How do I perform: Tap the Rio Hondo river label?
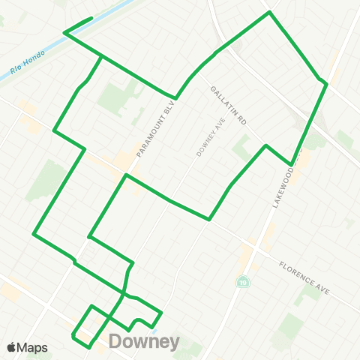28,64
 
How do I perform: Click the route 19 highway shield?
242,282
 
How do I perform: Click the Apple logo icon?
12,347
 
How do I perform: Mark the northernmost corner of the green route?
269,12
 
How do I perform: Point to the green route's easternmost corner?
327,83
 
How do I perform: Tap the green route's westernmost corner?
34,234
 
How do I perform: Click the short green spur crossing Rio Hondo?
78,25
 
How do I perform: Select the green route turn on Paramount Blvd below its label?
127,175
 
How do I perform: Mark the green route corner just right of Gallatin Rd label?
265,145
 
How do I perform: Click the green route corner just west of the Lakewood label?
291,164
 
